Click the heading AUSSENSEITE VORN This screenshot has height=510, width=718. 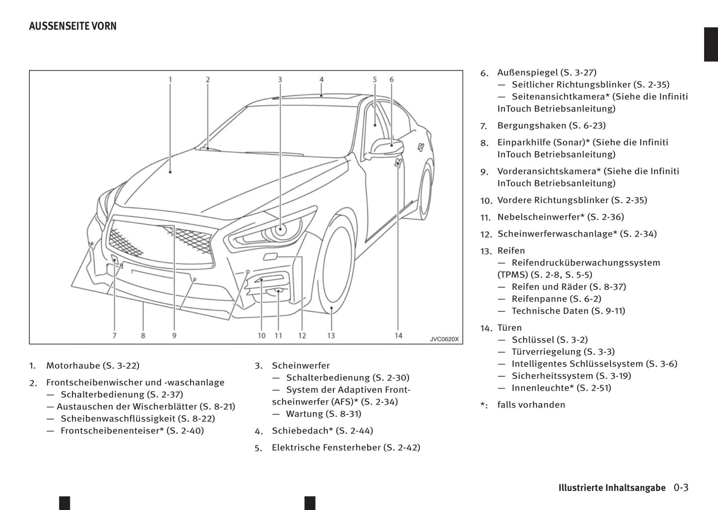point(73,26)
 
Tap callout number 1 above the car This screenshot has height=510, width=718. point(170,80)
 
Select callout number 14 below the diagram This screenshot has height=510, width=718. point(399,336)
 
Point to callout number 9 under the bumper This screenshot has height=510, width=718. point(174,336)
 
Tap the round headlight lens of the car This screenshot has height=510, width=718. point(280,230)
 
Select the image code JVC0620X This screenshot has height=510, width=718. point(444,339)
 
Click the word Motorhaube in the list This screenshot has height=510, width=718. point(73,366)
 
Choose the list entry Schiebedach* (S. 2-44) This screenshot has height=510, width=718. point(322,431)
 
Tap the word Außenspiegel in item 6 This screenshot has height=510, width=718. point(527,73)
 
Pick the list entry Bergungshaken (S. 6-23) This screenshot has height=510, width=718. point(551,126)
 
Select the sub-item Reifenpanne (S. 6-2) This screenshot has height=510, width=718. point(556,299)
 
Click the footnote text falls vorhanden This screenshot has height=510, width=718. point(531,405)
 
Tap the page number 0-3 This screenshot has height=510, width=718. point(681,488)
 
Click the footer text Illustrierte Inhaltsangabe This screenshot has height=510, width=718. point(612,488)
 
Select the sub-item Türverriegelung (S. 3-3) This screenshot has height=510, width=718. point(563,352)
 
